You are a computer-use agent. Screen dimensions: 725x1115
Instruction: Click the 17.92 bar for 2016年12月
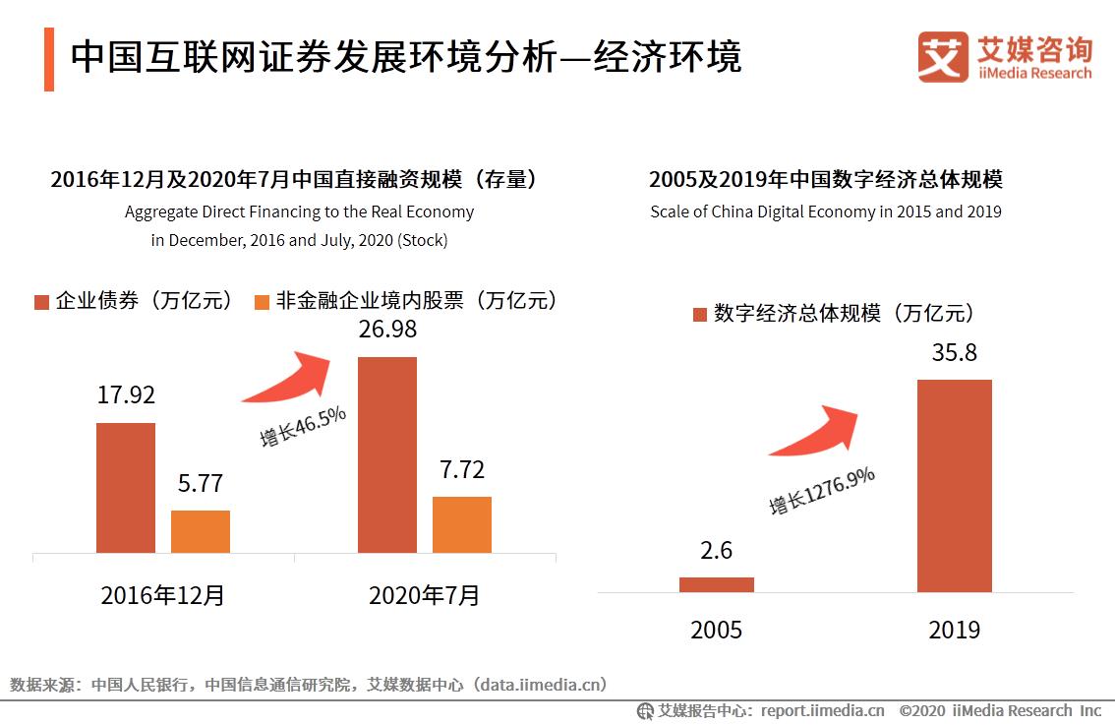pyautogui.click(x=125, y=488)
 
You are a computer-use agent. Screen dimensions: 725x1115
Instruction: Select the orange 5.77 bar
pyautogui.click(x=200, y=531)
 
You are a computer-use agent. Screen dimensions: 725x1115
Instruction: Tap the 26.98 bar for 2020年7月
pyautogui.click(x=387, y=454)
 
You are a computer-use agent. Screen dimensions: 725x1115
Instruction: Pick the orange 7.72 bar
pyautogui.click(x=462, y=524)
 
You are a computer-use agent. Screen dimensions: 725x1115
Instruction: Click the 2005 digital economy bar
pyautogui.click(x=716, y=584)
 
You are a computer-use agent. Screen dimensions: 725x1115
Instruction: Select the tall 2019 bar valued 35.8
pyautogui.click(x=954, y=486)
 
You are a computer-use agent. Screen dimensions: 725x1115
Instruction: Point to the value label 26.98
pyautogui.click(x=387, y=330)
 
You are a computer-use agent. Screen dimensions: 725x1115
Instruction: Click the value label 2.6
pyautogui.click(x=716, y=551)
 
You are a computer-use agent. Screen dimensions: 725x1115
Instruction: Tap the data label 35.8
pyautogui.click(x=954, y=352)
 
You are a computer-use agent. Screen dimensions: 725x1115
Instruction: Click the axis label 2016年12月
pyautogui.click(x=162, y=595)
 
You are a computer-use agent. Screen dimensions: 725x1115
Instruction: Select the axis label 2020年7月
pyautogui.click(x=424, y=595)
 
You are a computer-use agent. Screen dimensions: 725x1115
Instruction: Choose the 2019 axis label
pyautogui.click(x=954, y=631)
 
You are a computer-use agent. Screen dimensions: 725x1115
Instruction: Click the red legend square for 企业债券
pyautogui.click(x=41, y=302)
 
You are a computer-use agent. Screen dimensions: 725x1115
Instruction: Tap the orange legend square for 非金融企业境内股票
pyautogui.click(x=261, y=302)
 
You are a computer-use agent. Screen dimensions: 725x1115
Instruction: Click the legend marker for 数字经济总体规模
pyautogui.click(x=699, y=315)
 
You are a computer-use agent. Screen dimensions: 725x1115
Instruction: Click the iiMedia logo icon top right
pyautogui.click(x=943, y=57)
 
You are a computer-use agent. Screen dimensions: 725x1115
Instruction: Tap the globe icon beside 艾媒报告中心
pyautogui.click(x=645, y=710)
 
